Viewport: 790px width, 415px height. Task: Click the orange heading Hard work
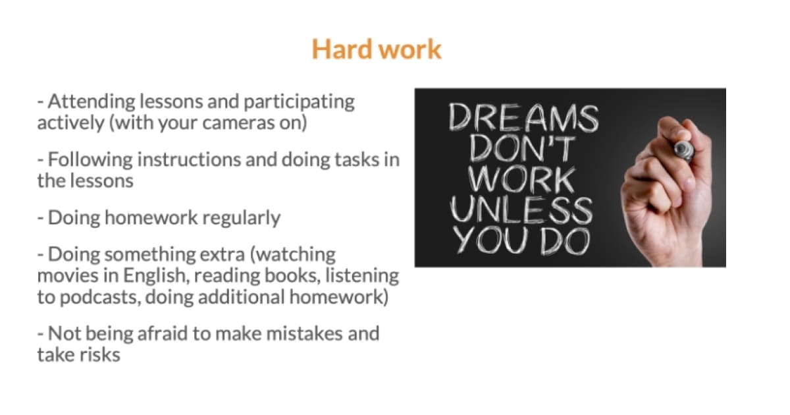(377, 49)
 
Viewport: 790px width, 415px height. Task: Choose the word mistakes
(304, 333)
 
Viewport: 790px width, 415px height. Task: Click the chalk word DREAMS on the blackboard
(524, 117)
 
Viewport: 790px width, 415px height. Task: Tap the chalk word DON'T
(521, 149)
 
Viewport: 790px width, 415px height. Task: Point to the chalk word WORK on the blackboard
(521, 180)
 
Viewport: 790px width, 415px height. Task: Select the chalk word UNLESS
(521, 210)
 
